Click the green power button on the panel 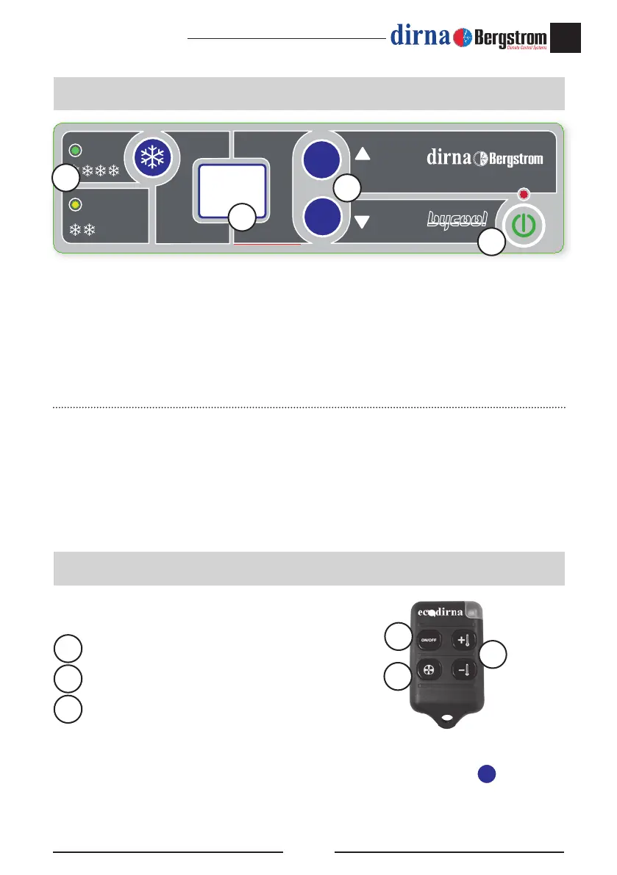click(x=523, y=226)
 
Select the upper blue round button click(x=321, y=159)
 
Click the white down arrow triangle click(x=362, y=222)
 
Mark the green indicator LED click(x=74, y=151)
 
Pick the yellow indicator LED click(x=74, y=204)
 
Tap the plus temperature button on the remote click(x=463, y=640)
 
